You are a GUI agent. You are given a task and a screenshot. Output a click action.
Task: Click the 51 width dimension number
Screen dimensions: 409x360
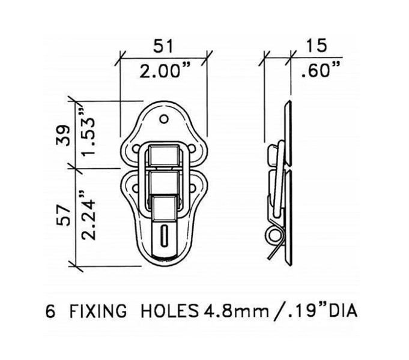click(163, 46)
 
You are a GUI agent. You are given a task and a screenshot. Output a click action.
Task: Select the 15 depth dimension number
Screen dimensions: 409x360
click(316, 46)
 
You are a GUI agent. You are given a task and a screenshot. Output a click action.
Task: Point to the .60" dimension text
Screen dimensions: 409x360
click(320, 70)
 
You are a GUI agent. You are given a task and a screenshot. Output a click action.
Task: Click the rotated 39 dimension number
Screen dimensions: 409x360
click(64, 135)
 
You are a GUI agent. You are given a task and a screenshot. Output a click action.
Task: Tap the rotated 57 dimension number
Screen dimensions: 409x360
click(64, 215)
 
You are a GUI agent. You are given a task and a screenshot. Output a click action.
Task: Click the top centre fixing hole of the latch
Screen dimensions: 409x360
click(164, 119)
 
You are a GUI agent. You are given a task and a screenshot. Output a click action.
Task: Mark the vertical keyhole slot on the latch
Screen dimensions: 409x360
click(164, 236)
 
